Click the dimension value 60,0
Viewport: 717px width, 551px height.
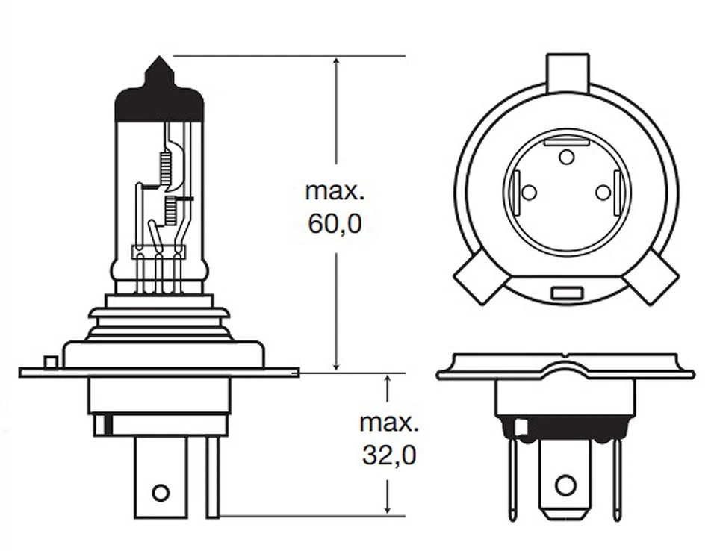pyautogui.click(x=335, y=223)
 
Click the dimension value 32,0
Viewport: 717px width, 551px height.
pyautogui.click(x=388, y=455)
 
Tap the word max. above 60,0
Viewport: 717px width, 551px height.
pyautogui.click(x=335, y=190)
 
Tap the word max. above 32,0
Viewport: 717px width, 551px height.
pyautogui.click(x=388, y=423)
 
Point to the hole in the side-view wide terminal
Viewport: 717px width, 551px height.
pyautogui.click(x=160, y=493)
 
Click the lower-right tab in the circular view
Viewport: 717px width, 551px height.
pyautogui.click(x=650, y=276)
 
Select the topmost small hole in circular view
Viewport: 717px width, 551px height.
pyautogui.click(x=567, y=157)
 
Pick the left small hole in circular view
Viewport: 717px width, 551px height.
pyautogui.click(x=529, y=193)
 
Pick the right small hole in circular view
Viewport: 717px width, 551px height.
pyautogui.click(x=603, y=193)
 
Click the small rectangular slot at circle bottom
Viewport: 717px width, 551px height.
pyautogui.click(x=566, y=293)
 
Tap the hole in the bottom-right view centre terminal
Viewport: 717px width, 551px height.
pyautogui.click(x=565, y=485)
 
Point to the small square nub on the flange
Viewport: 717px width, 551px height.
pyautogui.click(x=51, y=363)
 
